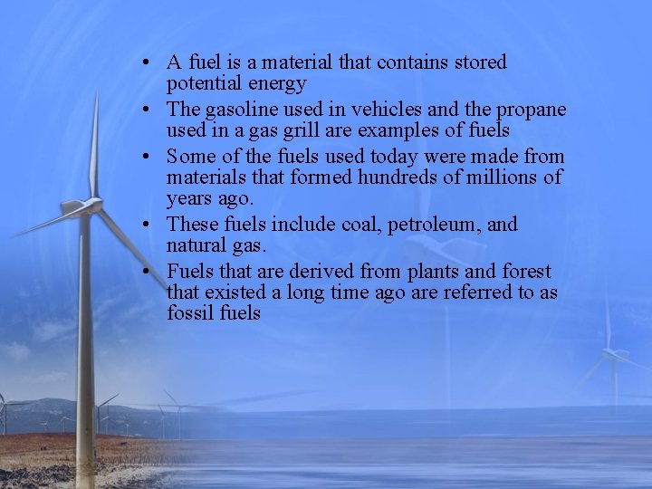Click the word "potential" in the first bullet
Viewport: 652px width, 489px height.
pos(201,84)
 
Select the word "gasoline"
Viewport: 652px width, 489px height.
pos(241,110)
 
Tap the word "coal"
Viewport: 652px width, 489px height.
pos(358,225)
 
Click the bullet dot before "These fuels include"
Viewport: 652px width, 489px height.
pos(145,225)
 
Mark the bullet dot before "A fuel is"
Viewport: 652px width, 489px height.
pos(145,63)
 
